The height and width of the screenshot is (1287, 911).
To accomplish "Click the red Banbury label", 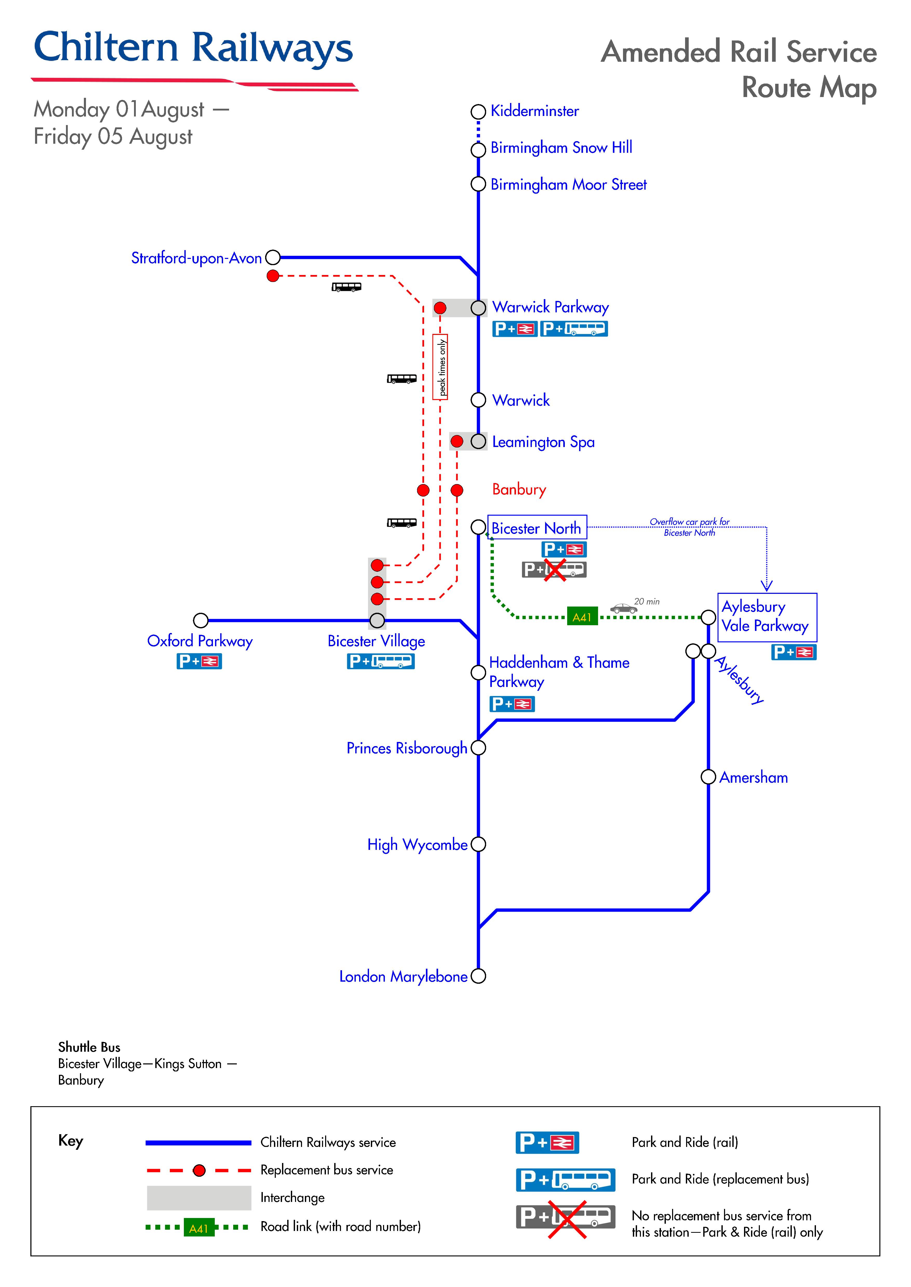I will [x=519, y=489].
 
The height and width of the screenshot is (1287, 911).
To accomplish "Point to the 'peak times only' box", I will [x=440, y=367].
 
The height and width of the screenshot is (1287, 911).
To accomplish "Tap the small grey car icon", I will [x=623, y=608].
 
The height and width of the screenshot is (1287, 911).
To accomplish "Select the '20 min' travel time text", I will [x=647, y=601].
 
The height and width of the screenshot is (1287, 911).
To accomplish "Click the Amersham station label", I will [x=753, y=777].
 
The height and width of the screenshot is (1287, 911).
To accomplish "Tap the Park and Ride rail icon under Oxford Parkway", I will [x=199, y=662].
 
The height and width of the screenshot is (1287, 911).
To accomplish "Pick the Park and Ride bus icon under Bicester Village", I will [x=380, y=662].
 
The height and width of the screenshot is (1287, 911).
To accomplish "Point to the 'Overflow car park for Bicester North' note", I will [x=689, y=527].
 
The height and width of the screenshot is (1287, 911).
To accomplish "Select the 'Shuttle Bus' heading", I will [x=89, y=1047].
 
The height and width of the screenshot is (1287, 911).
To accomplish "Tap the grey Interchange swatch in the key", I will [x=199, y=1198].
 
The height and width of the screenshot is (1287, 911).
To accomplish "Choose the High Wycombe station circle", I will [x=478, y=844].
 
